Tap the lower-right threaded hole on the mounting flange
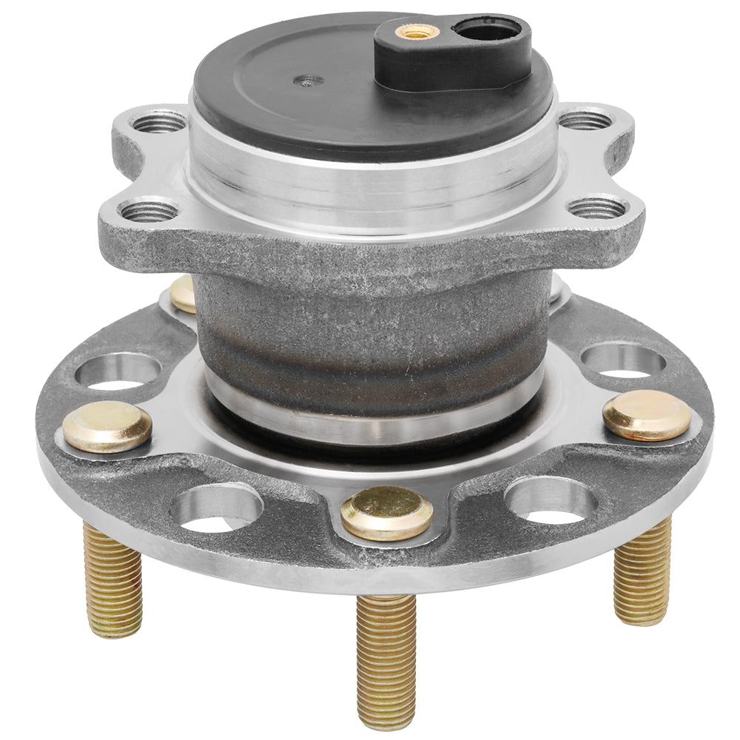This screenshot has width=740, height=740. [x=597, y=208]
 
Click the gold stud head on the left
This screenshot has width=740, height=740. [x=107, y=426]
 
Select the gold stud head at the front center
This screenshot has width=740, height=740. [x=387, y=512]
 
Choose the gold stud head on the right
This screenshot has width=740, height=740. [x=647, y=414]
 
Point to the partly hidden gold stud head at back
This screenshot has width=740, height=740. [x=183, y=294]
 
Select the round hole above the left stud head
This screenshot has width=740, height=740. [x=118, y=370]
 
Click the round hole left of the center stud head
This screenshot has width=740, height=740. [x=216, y=509]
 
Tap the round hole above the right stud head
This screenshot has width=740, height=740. [x=623, y=360]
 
